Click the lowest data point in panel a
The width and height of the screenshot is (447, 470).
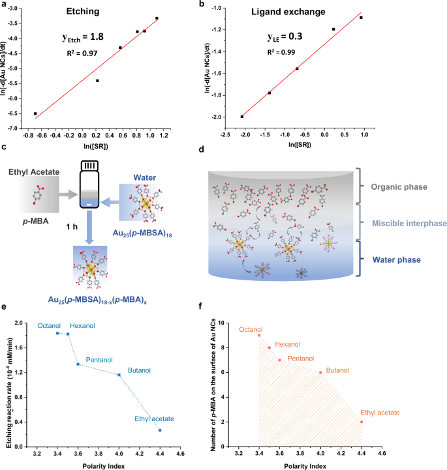point(35,113)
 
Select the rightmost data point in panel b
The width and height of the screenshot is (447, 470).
point(361,18)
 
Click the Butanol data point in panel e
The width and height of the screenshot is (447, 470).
point(119,375)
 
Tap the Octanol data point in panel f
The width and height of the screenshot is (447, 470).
point(259,335)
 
